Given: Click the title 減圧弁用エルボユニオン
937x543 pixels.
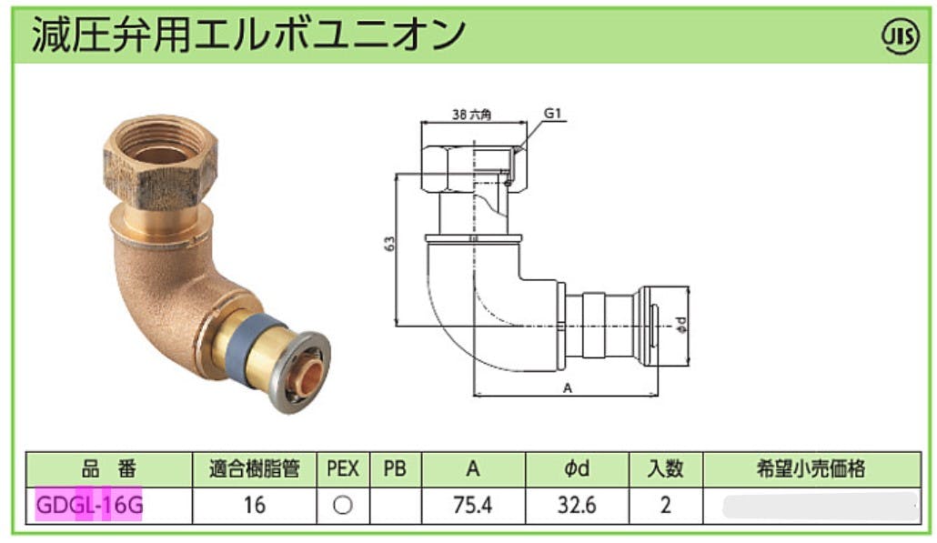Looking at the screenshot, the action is [248, 35].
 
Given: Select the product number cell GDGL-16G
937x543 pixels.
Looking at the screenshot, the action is [90, 506].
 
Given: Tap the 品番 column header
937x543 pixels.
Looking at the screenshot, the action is [109, 469].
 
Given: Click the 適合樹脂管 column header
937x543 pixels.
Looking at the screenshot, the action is [254, 469].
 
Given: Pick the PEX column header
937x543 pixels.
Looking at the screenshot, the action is [343, 469].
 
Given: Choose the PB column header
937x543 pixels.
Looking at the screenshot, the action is [395, 469].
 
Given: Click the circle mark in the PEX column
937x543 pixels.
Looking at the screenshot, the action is [343, 506].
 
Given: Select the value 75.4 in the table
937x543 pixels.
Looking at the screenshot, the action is [473, 506].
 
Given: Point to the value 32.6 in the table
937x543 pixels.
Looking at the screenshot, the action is [577, 506].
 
